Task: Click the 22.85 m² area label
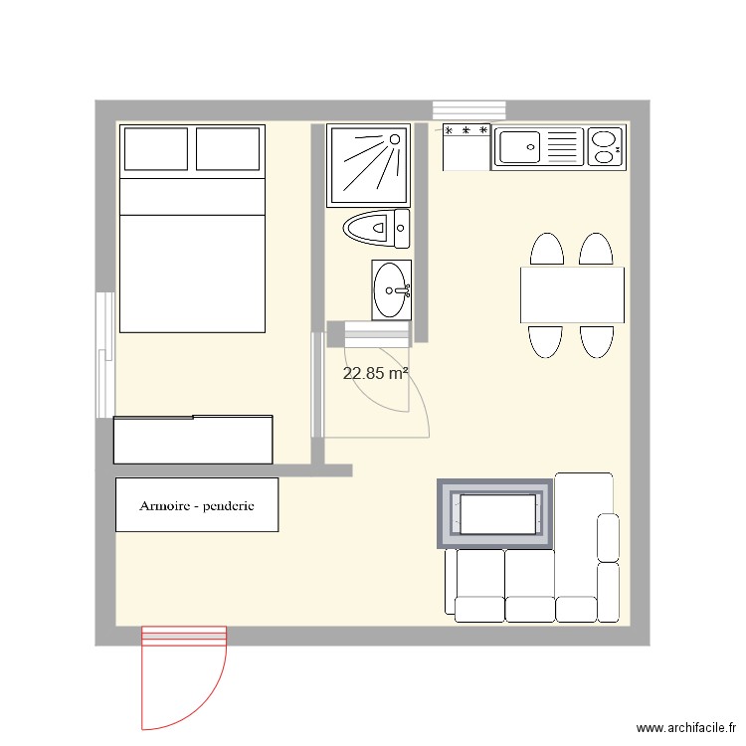[376, 374]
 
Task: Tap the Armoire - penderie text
[197, 505]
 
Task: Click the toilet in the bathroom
[375, 229]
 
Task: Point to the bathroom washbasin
[390, 290]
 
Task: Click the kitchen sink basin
[519, 148]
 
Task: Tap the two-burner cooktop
[606, 147]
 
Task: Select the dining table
[572, 294]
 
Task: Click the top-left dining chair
[546, 250]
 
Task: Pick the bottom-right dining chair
[597, 340]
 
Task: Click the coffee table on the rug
[495, 513]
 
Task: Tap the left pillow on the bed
[156, 149]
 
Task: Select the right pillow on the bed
[229, 149]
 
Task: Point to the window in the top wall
[469, 110]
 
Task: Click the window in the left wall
[105, 354]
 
